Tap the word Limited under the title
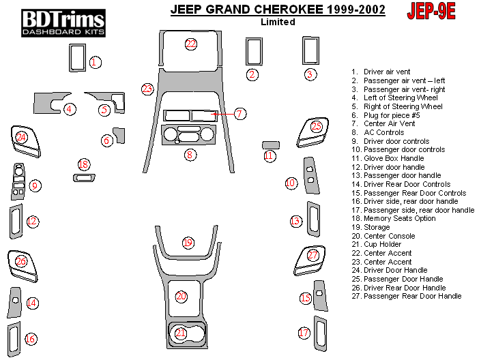pyautogui.click(x=278, y=22)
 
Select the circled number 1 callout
pyautogui.click(x=96, y=62)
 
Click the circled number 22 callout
pyautogui.click(x=191, y=44)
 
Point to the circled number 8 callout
pyautogui.click(x=190, y=155)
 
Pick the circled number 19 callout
pyautogui.click(x=188, y=243)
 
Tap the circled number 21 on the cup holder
pyautogui.click(x=181, y=333)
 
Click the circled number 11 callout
pyautogui.click(x=269, y=156)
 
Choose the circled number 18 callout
pyautogui.click(x=83, y=164)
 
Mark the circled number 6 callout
pyautogui.click(x=106, y=140)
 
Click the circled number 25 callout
pyautogui.click(x=316, y=126)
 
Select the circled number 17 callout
pyautogui.click(x=304, y=333)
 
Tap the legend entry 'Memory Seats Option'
pyautogui.click(x=399, y=218)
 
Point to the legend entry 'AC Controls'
pyautogui.click(x=383, y=132)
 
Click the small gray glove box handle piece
pyautogui.click(x=271, y=145)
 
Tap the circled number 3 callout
pyautogui.click(x=310, y=74)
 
